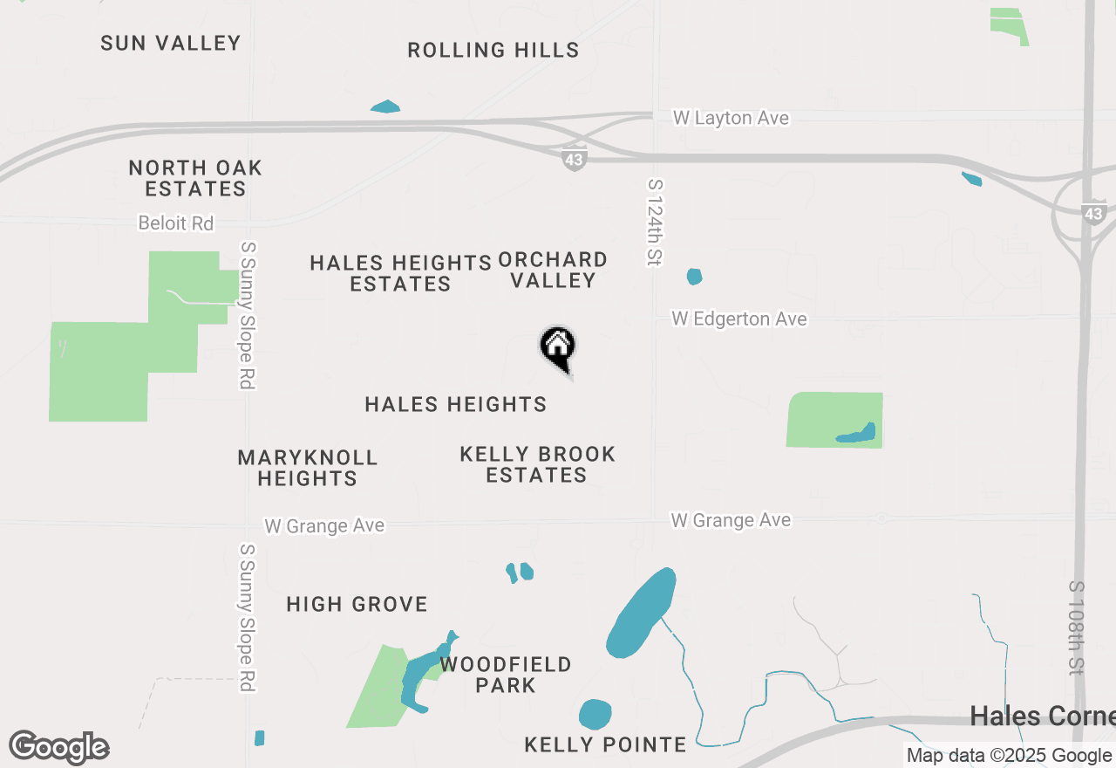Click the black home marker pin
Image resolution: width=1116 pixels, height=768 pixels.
[x=558, y=347]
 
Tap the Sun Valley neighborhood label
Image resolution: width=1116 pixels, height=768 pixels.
[x=170, y=43]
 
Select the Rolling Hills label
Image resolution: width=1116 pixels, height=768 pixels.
[x=493, y=51]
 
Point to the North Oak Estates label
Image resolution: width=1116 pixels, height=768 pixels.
[x=195, y=178]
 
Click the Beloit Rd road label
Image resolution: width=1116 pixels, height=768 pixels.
[x=176, y=223]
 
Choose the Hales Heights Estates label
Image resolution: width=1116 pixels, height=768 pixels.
[x=401, y=273]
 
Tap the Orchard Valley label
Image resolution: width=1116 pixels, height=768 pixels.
[x=553, y=270]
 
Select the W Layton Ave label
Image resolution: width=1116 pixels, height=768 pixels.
[x=731, y=118]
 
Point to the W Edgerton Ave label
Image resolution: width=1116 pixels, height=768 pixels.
[x=739, y=319]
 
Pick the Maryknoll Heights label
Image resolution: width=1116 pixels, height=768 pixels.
[x=307, y=468]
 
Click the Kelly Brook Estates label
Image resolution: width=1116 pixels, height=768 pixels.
[x=537, y=464]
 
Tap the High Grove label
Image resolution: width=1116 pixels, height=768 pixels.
[x=357, y=604]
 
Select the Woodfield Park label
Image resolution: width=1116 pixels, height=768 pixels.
[x=506, y=675]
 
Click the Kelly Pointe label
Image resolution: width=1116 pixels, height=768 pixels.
[x=605, y=744]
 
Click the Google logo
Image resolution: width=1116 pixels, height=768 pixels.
[x=59, y=747]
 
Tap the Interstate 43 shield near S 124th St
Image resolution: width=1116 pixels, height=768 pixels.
[x=574, y=160]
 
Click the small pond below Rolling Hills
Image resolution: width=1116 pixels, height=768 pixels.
[x=384, y=107]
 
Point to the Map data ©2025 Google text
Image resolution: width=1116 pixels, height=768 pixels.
[x=1009, y=756]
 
